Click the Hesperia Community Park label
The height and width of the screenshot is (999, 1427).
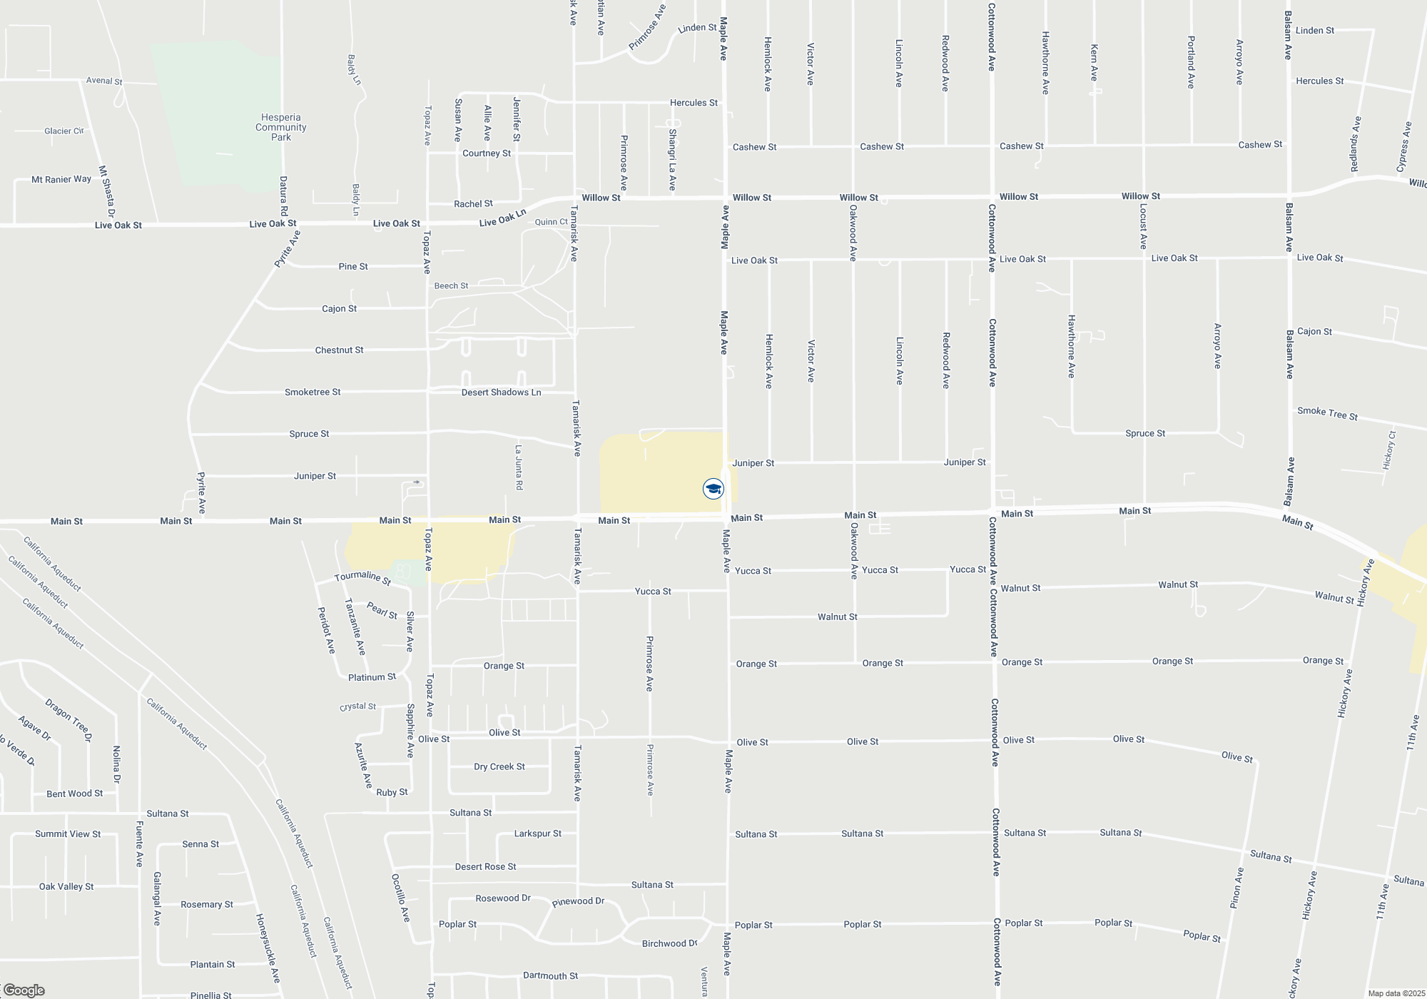tap(280, 127)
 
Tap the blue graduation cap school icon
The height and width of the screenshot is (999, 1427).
tap(713, 489)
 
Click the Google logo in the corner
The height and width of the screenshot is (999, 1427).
tap(24, 990)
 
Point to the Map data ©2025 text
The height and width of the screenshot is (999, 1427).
tap(1396, 993)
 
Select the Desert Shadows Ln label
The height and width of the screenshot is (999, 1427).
tap(501, 392)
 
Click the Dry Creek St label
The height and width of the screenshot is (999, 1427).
tap(499, 766)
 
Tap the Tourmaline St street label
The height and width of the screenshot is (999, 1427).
tap(363, 577)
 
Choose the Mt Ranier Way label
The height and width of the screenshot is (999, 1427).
tap(61, 179)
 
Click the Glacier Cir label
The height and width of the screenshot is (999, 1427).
tap(64, 131)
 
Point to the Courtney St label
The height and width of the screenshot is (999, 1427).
tap(487, 153)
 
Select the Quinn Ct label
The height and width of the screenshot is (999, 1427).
tap(552, 222)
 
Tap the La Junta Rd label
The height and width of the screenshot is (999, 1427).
tap(519, 467)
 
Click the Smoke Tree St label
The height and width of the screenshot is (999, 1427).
tap(1327, 413)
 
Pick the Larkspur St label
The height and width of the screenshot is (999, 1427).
tap(537, 833)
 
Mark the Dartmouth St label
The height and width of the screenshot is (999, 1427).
tap(550, 975)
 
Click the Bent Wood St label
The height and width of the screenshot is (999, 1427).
tap(74, 793)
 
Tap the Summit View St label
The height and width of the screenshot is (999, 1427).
tap(68, 833)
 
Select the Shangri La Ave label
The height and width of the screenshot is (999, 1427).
tap(672, 160)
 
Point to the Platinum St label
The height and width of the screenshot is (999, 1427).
tap(372, 677)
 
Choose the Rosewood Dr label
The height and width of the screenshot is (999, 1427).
tap(503, 898)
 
